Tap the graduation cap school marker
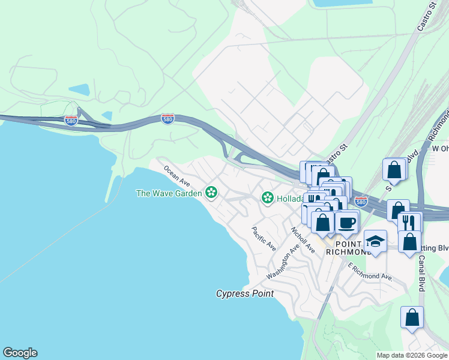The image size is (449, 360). click(375, 241)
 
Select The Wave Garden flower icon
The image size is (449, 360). click(211, 193)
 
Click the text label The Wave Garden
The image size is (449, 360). click(169, 193)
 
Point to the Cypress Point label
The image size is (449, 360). click(245, 294)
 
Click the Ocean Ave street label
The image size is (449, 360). click(176, 176)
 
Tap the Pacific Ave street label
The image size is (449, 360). click(264, 238)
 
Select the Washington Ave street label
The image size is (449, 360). click(283, 262)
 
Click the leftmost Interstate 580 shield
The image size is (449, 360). click(71, 120)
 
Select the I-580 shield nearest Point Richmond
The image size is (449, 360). click(360, 202)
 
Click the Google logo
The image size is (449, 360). click(20, 353)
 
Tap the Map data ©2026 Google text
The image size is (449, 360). click(411, 355)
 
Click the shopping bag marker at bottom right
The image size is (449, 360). click(412, 317)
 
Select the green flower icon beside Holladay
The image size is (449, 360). click(267, 197)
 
